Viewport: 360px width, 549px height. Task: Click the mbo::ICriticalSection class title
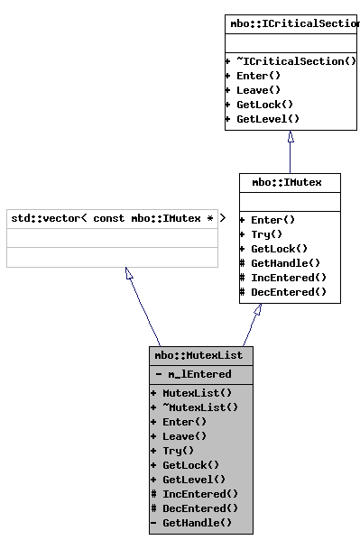(292, 23)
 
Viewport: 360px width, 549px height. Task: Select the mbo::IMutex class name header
(290, 182)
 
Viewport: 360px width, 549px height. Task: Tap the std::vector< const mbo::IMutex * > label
(112, 218)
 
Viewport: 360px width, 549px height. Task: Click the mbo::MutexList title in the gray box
(200, 355)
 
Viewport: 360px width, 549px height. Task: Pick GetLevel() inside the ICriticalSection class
(267, 119)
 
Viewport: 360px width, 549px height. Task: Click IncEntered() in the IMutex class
(288, 278)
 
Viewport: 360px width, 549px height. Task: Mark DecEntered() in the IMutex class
(288, 292)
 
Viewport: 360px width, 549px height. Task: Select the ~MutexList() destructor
(200, 407)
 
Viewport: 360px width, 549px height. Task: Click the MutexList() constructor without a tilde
(197, 393)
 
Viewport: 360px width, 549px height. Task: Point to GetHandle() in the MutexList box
(197, 523)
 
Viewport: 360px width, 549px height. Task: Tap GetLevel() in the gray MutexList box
(194, 480)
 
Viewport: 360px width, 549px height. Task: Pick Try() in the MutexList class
(178, 451)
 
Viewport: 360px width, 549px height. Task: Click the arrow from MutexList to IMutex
(251, 325)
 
